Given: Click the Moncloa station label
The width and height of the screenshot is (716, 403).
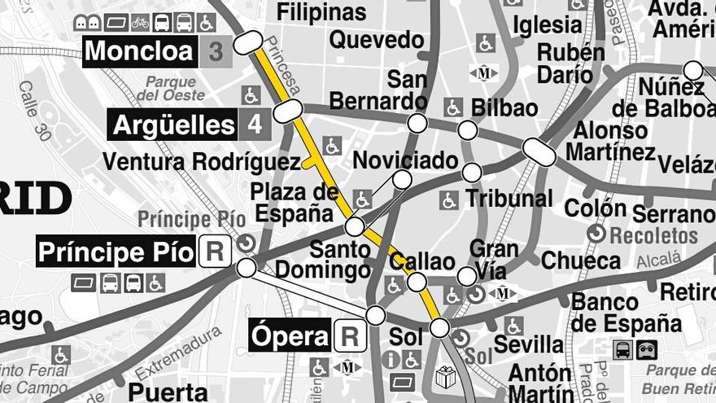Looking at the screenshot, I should point(139,52).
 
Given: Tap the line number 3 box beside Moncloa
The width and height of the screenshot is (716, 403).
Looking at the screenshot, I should point(216,52).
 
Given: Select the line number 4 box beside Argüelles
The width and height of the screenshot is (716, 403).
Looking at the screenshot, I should point(255,125).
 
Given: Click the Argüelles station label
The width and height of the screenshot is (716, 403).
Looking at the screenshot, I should point(174,125).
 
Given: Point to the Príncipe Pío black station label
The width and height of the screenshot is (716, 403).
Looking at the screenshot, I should point(116,252).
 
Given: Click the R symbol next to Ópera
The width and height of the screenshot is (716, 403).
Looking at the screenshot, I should point(350,335).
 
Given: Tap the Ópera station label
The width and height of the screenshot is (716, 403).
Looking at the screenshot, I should point(290,335).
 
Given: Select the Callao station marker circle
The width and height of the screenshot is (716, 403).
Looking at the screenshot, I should point(417,283).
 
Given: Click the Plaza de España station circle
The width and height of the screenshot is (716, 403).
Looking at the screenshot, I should point(355,226).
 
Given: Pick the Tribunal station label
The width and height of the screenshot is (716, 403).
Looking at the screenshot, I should point(509,198).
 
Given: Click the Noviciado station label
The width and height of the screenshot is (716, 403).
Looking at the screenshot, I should point(405,160).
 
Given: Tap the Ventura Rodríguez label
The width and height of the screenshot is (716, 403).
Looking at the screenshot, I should point(202,162).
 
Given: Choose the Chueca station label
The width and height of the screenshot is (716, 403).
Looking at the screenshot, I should point(581,261).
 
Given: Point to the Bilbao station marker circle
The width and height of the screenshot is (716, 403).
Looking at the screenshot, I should point(467,130).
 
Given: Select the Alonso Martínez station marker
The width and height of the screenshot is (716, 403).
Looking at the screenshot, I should point(539,151).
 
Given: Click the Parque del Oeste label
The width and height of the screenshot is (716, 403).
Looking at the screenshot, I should point(171,88).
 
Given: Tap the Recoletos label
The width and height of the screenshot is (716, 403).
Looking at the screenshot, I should point(653,236).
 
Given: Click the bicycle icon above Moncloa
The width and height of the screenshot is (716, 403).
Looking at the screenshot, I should point(140,22).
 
